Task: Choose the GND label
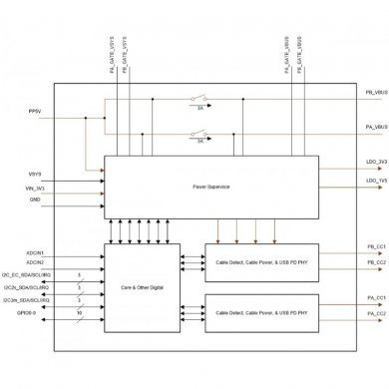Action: click(33, 199)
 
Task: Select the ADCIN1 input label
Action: click(37, 225)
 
